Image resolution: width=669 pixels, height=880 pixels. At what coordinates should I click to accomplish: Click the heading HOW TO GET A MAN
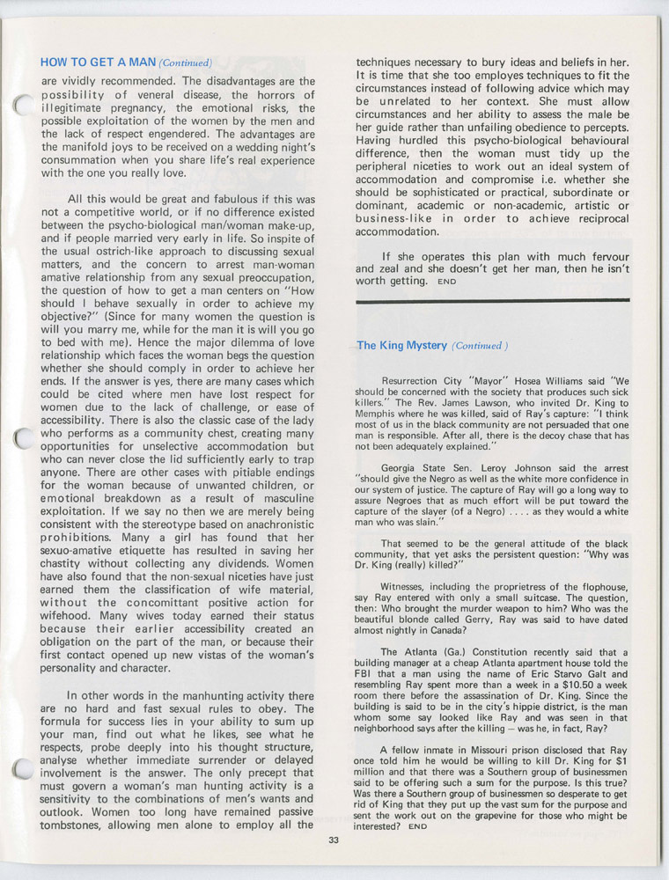click(x=98, y=62)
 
